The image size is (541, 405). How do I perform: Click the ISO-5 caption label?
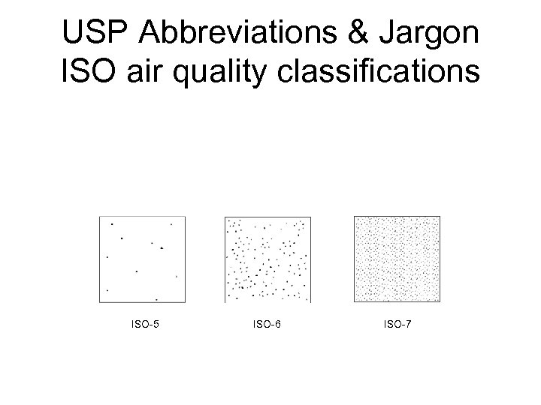(x=145, y=325)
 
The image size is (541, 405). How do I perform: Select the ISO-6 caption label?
(x=269, y=325)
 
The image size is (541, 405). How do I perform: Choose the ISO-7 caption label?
(x=397, y=325)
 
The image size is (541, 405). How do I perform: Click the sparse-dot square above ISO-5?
(x=142, y=259)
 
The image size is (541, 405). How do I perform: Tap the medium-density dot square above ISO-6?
(x=268, y=259)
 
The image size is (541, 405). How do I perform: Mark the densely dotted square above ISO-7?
(x=397, y=259)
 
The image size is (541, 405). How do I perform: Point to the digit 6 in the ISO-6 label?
(x=279, y=325)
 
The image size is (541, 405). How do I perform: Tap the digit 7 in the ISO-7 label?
(x=407, y=325)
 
